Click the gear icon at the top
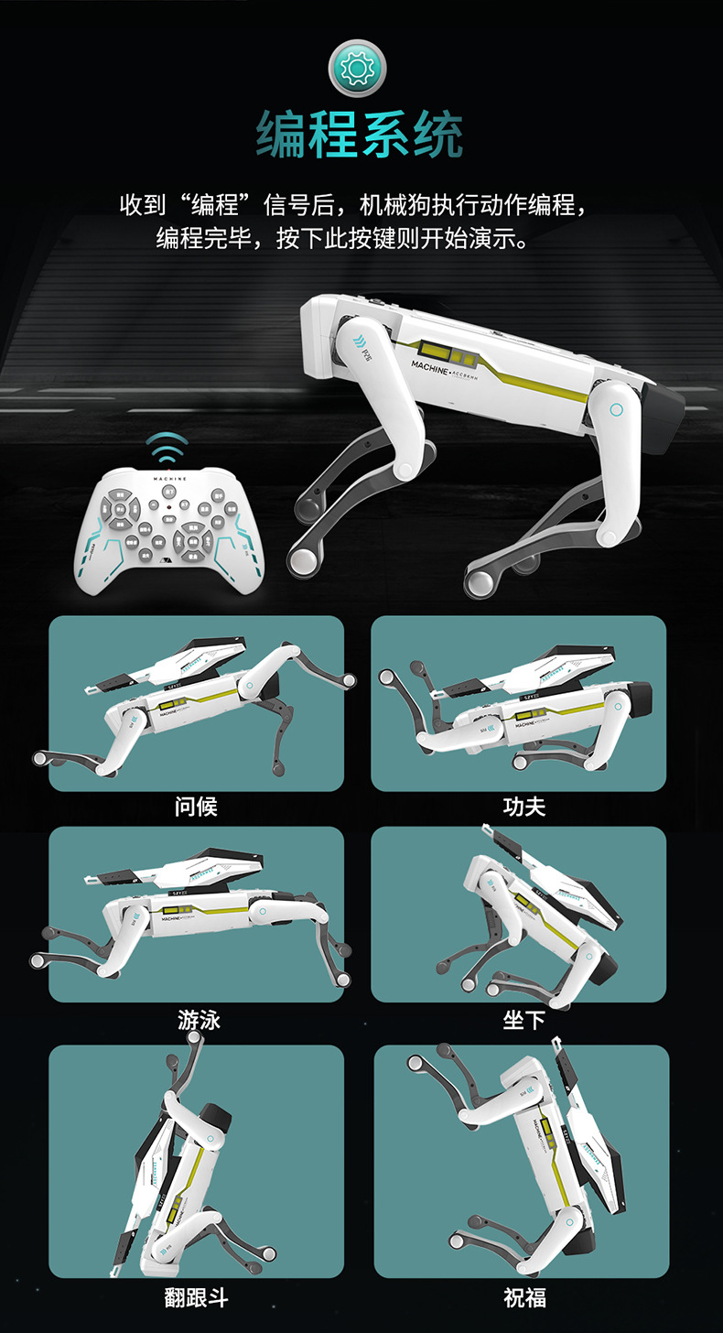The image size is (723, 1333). [x=357, y=68]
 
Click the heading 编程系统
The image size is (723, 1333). [x=360, y=135]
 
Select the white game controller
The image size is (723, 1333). [x=169, y=533]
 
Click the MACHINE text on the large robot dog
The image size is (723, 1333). [x=429, y=365]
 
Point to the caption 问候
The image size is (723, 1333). [x=196, y=807]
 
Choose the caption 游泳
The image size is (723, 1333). [x=199, y=1019]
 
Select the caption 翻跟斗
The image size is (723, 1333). [x=196, y=1297]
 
